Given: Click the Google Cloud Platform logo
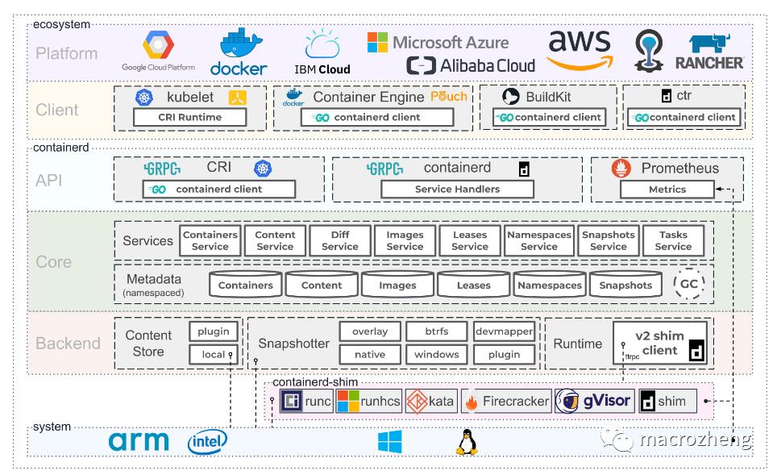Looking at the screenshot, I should pos(164,52).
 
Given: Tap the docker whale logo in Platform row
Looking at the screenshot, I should pos(238,52).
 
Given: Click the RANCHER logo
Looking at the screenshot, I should pos(715,52).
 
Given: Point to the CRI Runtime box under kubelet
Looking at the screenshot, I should pos(189,117).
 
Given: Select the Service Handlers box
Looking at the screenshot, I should pos(457,189).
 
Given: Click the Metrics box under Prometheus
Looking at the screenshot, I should pos(667,190).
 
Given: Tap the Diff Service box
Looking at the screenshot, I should pos(339,240).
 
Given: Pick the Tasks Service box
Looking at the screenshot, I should pos(673,240).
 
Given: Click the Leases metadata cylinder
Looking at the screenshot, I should pos(473,285).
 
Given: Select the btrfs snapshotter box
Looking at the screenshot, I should pos(436,331).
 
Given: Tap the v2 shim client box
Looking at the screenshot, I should pos(659,343).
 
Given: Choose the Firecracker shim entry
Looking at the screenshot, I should pos(506,401).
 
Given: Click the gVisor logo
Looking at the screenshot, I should pos(593,401).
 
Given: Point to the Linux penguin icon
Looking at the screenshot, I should pos(463,441).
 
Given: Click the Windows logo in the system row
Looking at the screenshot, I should pos(390,441).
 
